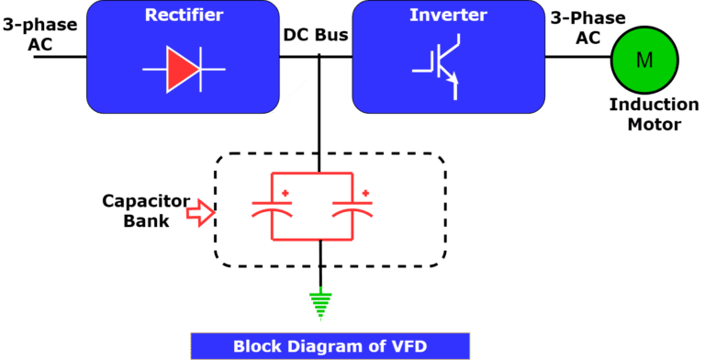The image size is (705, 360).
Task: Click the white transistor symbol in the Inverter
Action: pos(435,69)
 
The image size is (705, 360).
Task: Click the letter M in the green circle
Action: pos(644,61)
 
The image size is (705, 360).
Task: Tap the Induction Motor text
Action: pos(647,115)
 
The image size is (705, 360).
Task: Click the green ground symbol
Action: pos(320,302)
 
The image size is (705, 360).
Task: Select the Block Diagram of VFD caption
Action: pos(330,346)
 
